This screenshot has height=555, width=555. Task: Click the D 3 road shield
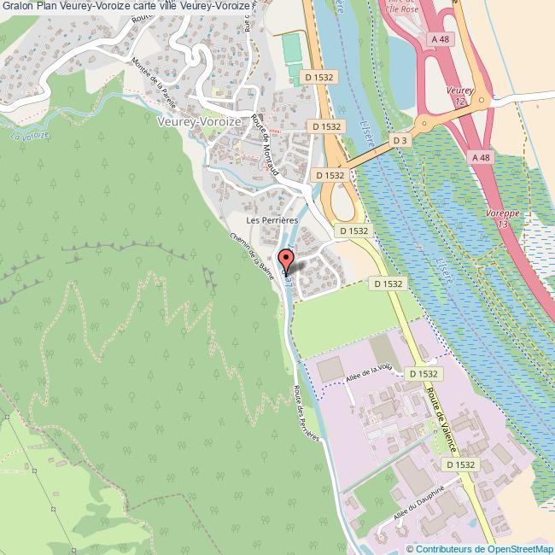click(400, 139)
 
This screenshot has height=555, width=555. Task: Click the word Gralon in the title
click(18, 6)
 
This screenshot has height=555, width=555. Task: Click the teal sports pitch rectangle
click(293, 50)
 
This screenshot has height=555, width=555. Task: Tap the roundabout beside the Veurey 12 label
click(482, 100)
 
